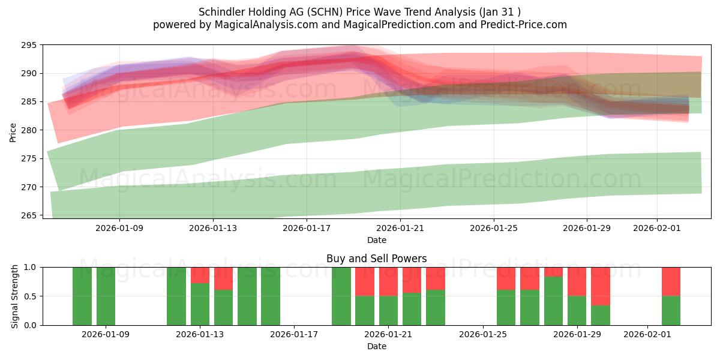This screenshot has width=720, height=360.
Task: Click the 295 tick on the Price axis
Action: (x=29, y=45)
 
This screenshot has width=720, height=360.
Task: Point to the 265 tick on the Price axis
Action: (x=29, y=215)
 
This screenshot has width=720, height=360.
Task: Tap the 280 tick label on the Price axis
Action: (x=29, y=130)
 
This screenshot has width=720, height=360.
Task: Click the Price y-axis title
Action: (x=13, y=132)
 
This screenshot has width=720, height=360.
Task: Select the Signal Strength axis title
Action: (x=15, y=296)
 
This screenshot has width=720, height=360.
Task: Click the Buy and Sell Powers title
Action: (x=376, y=259)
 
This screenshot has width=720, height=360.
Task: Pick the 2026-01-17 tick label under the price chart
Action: (x=307, y=228)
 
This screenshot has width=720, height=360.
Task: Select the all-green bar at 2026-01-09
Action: (x=106, y=296)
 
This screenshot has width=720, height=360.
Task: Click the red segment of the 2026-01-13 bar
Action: (x=200, y=275)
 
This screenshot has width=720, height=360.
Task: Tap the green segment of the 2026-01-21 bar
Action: (x=388, y=310)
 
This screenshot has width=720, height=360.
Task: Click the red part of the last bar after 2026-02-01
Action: (x=671, y=281)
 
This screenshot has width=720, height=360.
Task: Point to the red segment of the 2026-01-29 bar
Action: (x=577, y=281)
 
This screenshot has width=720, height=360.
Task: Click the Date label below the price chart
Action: (x=376, y=240)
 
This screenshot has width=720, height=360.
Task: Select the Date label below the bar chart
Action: (x=376, y=346)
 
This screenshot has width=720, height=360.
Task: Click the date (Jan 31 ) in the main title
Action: (x=500, y=12)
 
